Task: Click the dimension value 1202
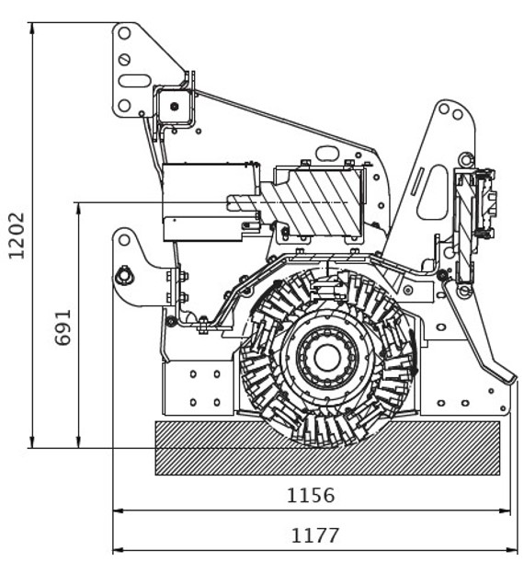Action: (17, 235)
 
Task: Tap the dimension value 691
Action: (63, 327)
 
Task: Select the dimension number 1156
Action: (311, 496)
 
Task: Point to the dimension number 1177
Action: (314, 535)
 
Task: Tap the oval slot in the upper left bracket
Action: (134, 81)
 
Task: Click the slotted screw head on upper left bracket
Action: (124, 60)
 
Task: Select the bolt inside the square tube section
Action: (175, 106)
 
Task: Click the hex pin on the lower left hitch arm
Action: (124, 276)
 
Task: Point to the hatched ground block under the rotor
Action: (327, 448)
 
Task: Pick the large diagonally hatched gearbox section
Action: (312, 202)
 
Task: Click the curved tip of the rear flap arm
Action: (512, 379)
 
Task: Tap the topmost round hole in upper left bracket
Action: (124, 33)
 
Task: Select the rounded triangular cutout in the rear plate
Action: (433, 191)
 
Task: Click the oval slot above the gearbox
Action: (327, 153)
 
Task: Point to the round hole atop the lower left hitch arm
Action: (124, 240)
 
